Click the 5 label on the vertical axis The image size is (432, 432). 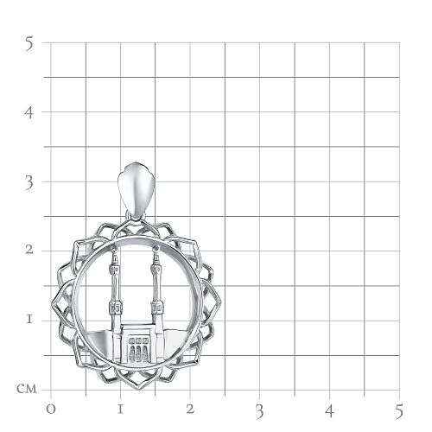[29, 44]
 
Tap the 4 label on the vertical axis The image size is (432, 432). [29, 112]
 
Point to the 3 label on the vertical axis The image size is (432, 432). [29, 182]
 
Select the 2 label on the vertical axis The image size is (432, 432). [29, 250]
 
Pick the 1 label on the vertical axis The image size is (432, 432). [29, 319]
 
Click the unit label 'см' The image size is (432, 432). [27, 389]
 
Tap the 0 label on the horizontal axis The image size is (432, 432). [51, 410]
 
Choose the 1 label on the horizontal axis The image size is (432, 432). [120, 410]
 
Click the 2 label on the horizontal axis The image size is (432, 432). [190, 409]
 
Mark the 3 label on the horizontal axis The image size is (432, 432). [260, 411]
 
